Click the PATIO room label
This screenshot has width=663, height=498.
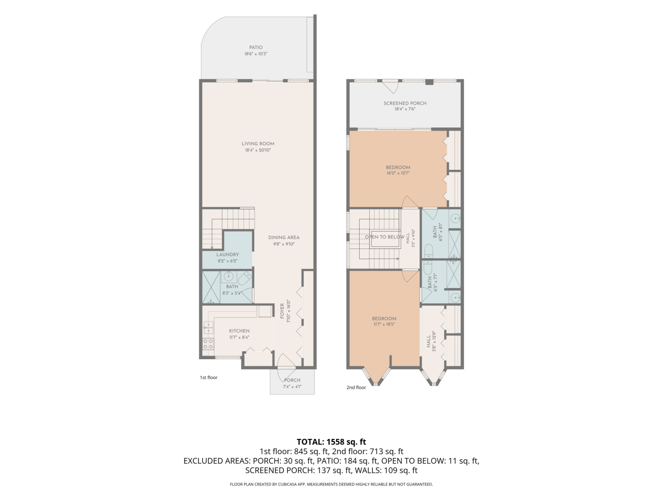(x=256, y=47)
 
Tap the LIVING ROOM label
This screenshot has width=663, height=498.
(x=258, y=144)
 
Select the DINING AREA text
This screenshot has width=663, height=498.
(x=284, y=237)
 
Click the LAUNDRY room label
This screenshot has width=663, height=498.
(x=227, y=255)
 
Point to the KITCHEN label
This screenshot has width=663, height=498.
(x=239, y=331)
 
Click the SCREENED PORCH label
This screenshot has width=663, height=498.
(x=405, y=103)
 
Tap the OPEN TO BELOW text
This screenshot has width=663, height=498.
(x=384, y=237)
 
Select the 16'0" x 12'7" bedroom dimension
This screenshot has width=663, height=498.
(x=398, y=173)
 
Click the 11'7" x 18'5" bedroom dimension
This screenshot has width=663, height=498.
(x=384, y=325)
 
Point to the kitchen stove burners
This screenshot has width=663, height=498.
(x=208, y=344)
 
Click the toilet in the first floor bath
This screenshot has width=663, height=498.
(x=244, y=277)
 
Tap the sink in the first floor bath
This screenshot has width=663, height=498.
(x=228, y=277)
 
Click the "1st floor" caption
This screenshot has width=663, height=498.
(x=209, y=378)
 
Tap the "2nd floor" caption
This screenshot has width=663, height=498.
(x=356, y=388)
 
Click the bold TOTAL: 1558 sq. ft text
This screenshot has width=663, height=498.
(x=331, y=442)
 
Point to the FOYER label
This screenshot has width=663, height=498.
(x=282, y=311)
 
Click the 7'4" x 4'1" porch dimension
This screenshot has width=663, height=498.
(x=292, y=387)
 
